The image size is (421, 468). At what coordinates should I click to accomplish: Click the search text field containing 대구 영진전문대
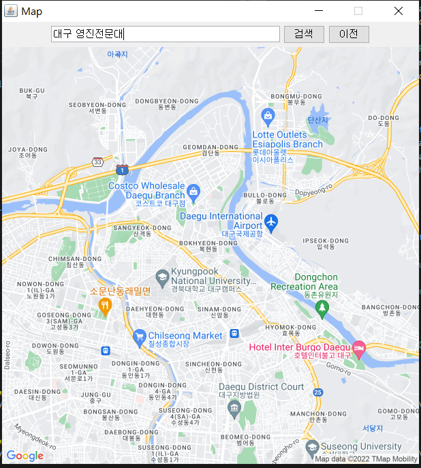coord(166,34)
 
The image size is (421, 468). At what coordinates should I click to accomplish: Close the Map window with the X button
coord(399,11)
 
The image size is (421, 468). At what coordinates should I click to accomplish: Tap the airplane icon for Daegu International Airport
coord(272,221)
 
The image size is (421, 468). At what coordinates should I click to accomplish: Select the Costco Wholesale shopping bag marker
coord(193,191)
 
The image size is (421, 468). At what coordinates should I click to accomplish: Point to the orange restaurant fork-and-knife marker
coord(104,305)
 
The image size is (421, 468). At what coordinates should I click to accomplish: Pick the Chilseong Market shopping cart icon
coord(140,336)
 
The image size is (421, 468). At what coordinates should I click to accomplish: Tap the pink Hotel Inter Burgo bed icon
coord(359,348)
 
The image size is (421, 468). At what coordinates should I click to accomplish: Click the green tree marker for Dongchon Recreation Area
coord(322,308)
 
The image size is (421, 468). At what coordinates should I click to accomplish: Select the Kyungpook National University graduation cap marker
coord(161,277)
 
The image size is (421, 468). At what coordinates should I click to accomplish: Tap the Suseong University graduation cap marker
coord(312,447)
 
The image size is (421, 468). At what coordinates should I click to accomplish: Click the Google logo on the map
coord(25,456)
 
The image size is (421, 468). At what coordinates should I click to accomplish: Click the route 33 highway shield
coord(98,162)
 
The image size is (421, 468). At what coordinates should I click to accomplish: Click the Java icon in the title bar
coord(11,11)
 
